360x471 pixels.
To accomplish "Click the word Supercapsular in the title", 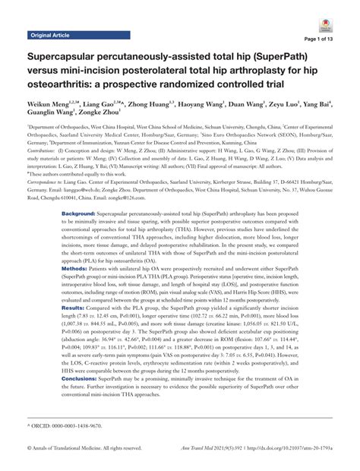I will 70,58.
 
